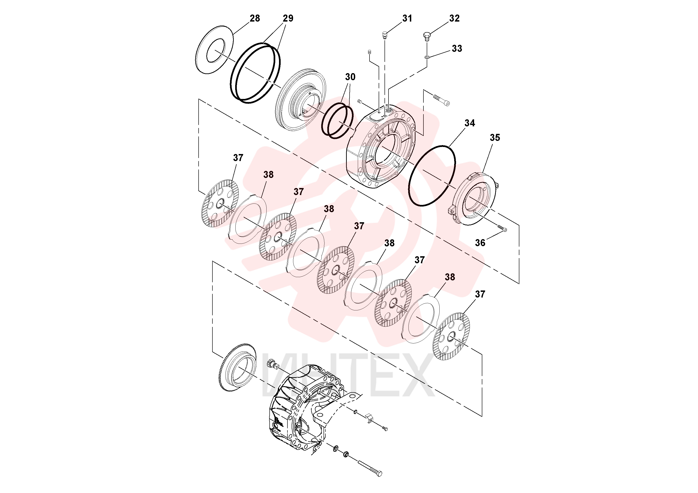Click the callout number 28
(x=255, y=19)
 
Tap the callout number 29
(x=288, y=19)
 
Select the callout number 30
(x=350, y=77)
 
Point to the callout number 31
(x=407, y=19)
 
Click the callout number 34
(x=469, y=123)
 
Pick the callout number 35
(x=495, y=138)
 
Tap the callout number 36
(x=480, y=243)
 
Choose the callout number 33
(x=457, y=49)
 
